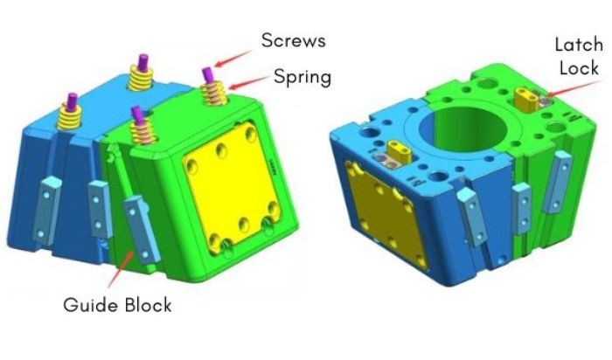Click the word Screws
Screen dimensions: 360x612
coord(296,41)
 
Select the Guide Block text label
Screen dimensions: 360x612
coord(117,305)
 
